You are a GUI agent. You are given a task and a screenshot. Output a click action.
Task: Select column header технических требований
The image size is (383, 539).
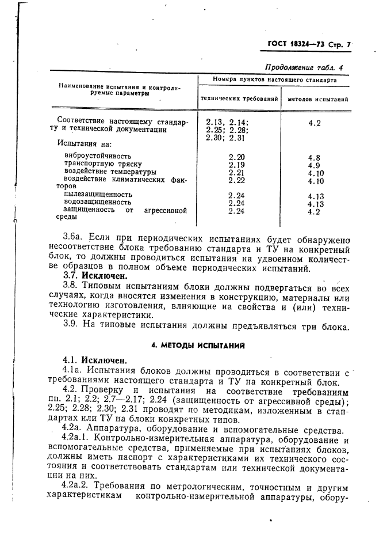pyautogui.click(x=239, y=99)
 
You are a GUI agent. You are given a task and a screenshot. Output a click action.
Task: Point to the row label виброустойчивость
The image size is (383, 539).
pyautogui.click(x=98, y=155)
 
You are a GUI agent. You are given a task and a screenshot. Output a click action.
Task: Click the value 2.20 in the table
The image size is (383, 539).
pyautogui.click(x=236, y=157)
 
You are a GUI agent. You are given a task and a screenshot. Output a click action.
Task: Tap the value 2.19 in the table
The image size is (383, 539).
pyautogui.click(x=236, y=165)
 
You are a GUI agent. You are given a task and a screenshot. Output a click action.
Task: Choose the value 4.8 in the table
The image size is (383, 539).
pyautogui.click(x=314, y=157)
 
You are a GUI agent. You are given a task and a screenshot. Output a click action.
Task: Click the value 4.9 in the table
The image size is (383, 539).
pyautogui.click(x=314, y=165)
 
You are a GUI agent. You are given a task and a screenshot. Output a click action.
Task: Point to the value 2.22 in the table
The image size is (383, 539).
pyautogui.click(x=236, y=180)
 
